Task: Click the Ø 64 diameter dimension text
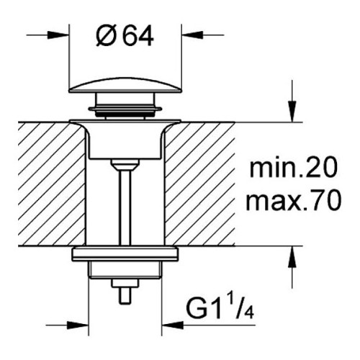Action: point(125,37)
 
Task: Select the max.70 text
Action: point(293,201)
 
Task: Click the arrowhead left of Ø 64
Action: point(58,35)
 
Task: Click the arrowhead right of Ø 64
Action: point(192,35)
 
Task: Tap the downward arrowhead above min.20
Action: point(292,112)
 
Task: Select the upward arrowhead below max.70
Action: point(292,256)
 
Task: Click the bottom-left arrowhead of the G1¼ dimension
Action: point(78,325)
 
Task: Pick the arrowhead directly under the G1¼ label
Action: point(172,325)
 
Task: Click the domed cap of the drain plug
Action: point(125,85)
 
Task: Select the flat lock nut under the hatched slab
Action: point(125,253)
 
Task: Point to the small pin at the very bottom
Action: point(125,296)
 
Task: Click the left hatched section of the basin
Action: point(52,184)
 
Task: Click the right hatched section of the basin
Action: point(199,184)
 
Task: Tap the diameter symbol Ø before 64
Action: point(105,37)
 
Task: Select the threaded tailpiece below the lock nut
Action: point(125,270)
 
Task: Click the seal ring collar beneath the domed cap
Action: point(125,109)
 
